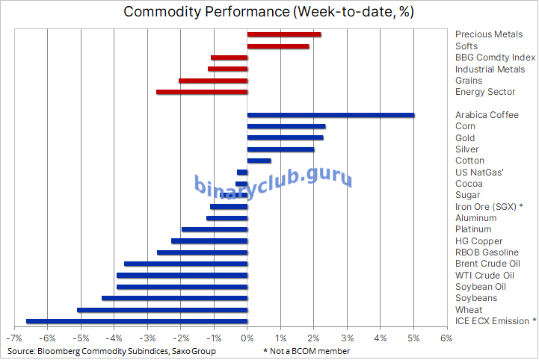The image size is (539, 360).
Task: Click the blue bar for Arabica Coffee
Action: [x=330, y=115]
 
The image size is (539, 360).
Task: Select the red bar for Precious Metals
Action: [x=284, y=34]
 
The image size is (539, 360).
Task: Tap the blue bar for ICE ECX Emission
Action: [x=137, y=321]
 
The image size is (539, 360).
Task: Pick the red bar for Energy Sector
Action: [x=202, y=92]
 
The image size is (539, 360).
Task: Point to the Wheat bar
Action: [x=162, y=310]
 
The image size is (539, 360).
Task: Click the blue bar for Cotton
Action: [x=259, y=161]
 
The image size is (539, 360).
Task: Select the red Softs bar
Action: [x=278, y=46]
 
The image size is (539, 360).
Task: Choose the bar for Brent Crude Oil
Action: [x=185, y=264]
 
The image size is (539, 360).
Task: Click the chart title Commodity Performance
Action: [x=268, y=12]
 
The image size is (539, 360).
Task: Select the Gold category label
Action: [x=465, y=138]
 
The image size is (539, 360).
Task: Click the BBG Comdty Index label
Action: [x=495, y=58]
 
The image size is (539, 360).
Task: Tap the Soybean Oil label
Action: [x=480, y=287]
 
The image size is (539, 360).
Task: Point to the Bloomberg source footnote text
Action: [x=112, y=351]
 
